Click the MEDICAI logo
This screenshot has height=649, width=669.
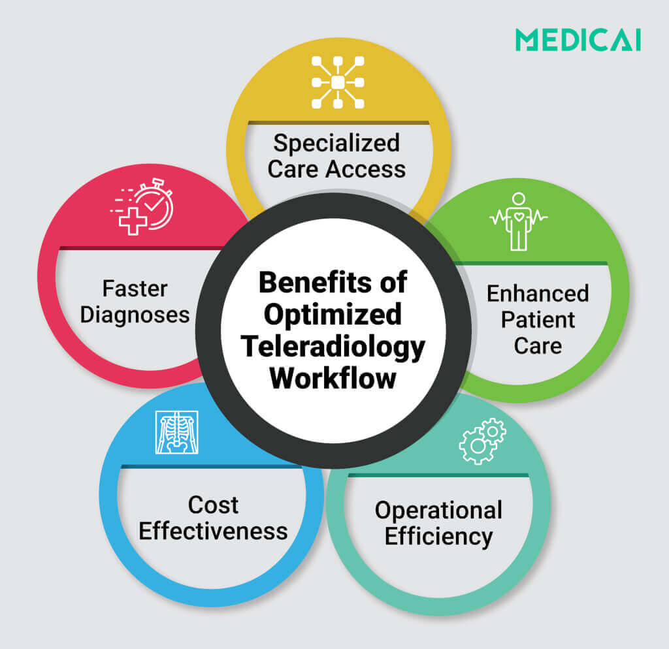578,40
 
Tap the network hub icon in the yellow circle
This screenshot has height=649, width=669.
337,82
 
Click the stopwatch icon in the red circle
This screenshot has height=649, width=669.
143,206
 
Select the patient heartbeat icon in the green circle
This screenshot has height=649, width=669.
519,221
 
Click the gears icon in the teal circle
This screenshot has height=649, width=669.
482,441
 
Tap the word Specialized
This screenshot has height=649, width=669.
336,142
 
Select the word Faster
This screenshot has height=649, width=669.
135,288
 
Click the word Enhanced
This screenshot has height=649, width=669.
537,293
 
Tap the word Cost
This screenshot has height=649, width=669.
213,505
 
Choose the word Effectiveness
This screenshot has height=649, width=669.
213,531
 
